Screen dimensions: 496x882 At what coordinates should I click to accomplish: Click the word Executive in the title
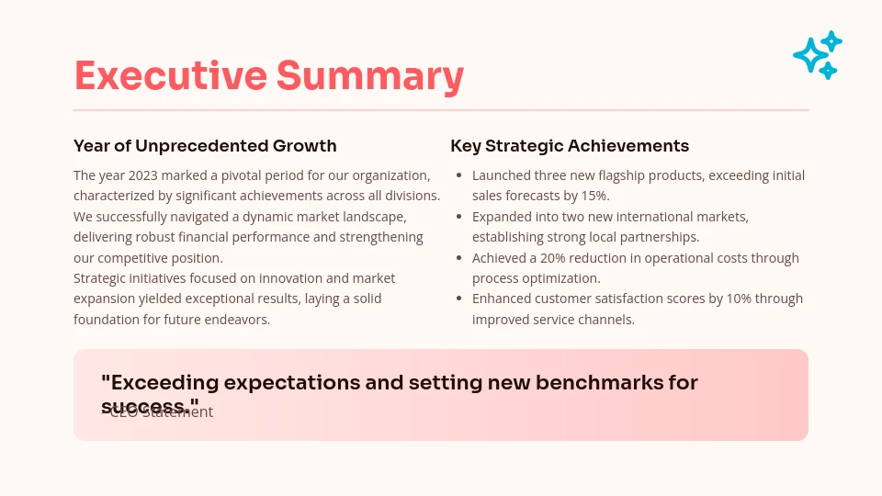point(170,75)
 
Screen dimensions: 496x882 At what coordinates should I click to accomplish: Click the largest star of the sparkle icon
point(810,56)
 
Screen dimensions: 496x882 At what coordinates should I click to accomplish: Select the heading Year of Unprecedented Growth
point(205,146)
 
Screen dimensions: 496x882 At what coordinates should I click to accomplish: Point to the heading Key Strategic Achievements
point(570,146)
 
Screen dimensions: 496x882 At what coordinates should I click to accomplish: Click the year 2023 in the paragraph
point(143,175)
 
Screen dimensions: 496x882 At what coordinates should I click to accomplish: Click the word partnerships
point(658,237)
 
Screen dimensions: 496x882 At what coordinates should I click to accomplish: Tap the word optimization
point(561,278)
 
